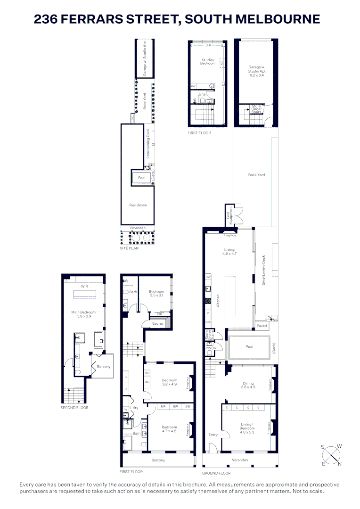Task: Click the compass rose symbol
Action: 332,454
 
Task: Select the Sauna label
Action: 157,324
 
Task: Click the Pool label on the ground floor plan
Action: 249,346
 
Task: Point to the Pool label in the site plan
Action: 141,178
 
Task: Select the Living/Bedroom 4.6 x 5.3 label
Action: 247,429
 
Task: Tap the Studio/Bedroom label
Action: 208,62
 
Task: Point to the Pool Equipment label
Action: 229,215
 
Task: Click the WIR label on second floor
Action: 84,286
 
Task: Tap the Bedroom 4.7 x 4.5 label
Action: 169,428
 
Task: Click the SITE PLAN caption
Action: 129,248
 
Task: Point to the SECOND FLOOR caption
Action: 74,407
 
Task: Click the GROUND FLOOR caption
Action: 216,473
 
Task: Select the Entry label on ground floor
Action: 213,435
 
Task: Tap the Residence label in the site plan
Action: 138,205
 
